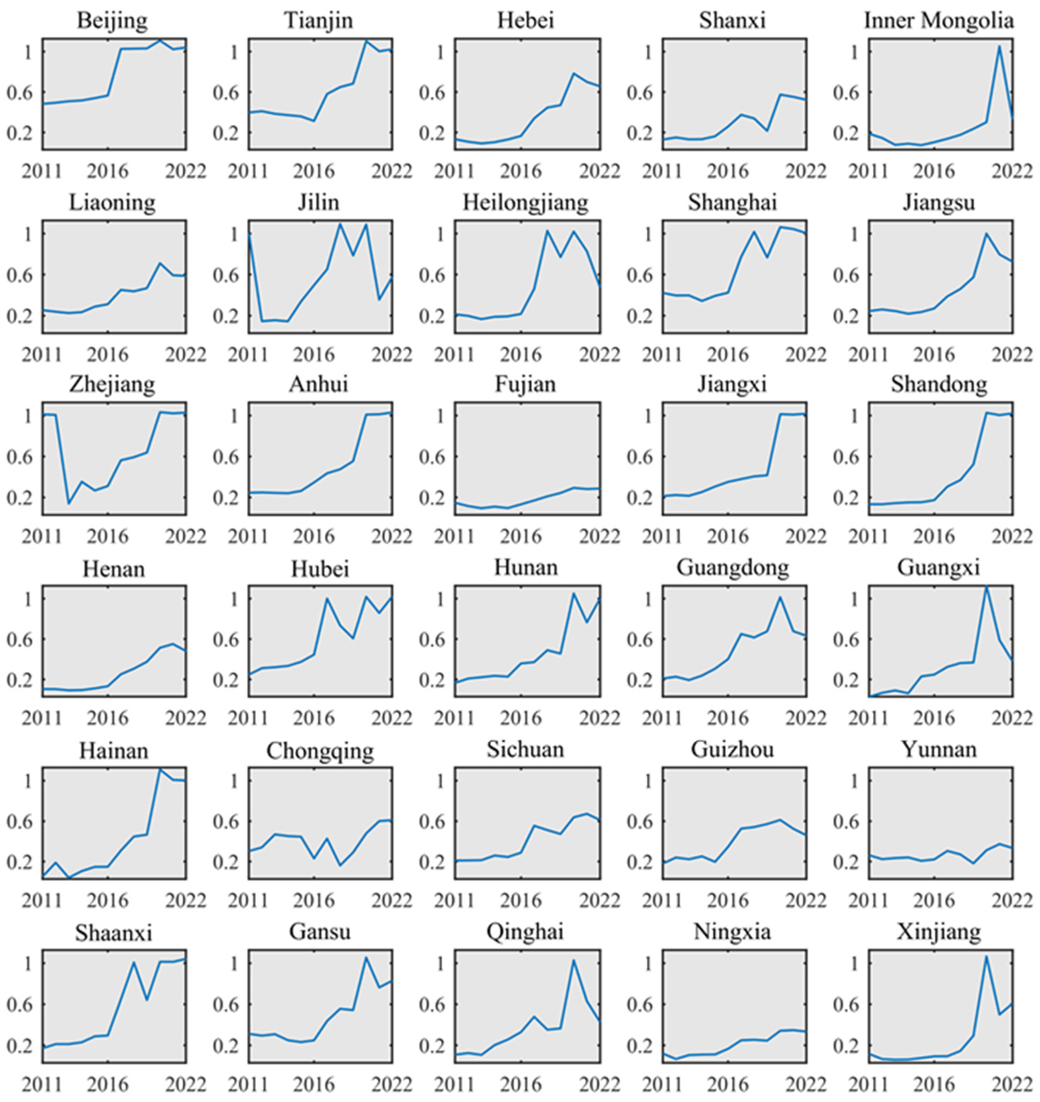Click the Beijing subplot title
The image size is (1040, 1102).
[113, 21]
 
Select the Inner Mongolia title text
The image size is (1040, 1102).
[939, 21]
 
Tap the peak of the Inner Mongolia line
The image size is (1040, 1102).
[1000, 46]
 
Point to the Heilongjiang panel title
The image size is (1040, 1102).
[525, 203]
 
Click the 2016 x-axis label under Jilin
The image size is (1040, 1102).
[314, 354]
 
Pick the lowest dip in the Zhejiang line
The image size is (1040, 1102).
[68, 503]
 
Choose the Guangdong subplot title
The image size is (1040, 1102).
[732, 567]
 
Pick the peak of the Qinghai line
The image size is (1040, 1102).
[574, 960]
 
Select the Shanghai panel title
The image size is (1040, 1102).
[732, 203]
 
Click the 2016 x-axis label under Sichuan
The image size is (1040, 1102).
[521, 900]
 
